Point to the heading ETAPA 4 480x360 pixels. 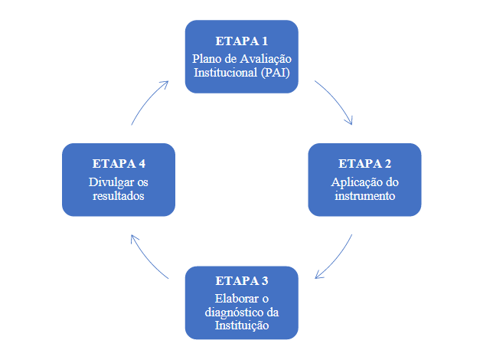coord(119,164)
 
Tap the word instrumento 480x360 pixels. coord(364,196)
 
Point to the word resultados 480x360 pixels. coord(118,196)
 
